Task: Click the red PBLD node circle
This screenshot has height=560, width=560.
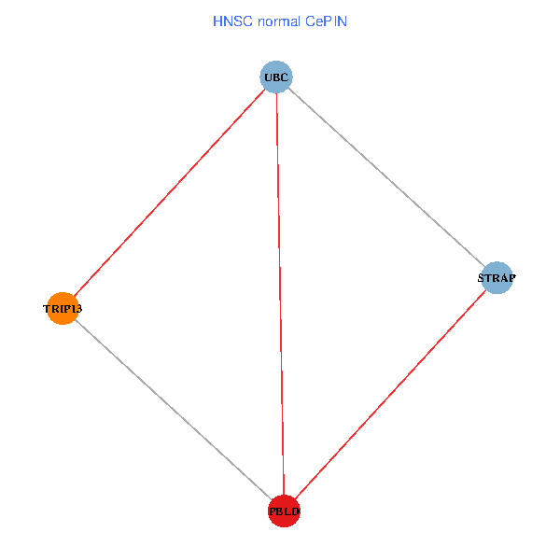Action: tap(284, 511)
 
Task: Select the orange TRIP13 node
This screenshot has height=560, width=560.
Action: tap(63, 308)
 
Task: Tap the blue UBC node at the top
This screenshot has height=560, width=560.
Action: tap(276, 77)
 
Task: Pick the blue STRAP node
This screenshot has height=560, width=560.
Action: tap(497, 278)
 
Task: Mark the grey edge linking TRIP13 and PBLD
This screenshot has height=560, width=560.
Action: tap(174, 410)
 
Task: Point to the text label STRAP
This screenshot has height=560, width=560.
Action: tap(497, 278)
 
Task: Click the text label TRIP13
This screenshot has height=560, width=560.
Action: tap(63, 308)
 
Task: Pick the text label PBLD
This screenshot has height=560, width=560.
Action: tap(284, 511)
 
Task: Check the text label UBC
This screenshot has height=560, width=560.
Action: tap(276, 77)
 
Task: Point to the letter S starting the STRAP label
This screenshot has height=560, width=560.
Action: tap(482, 278)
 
